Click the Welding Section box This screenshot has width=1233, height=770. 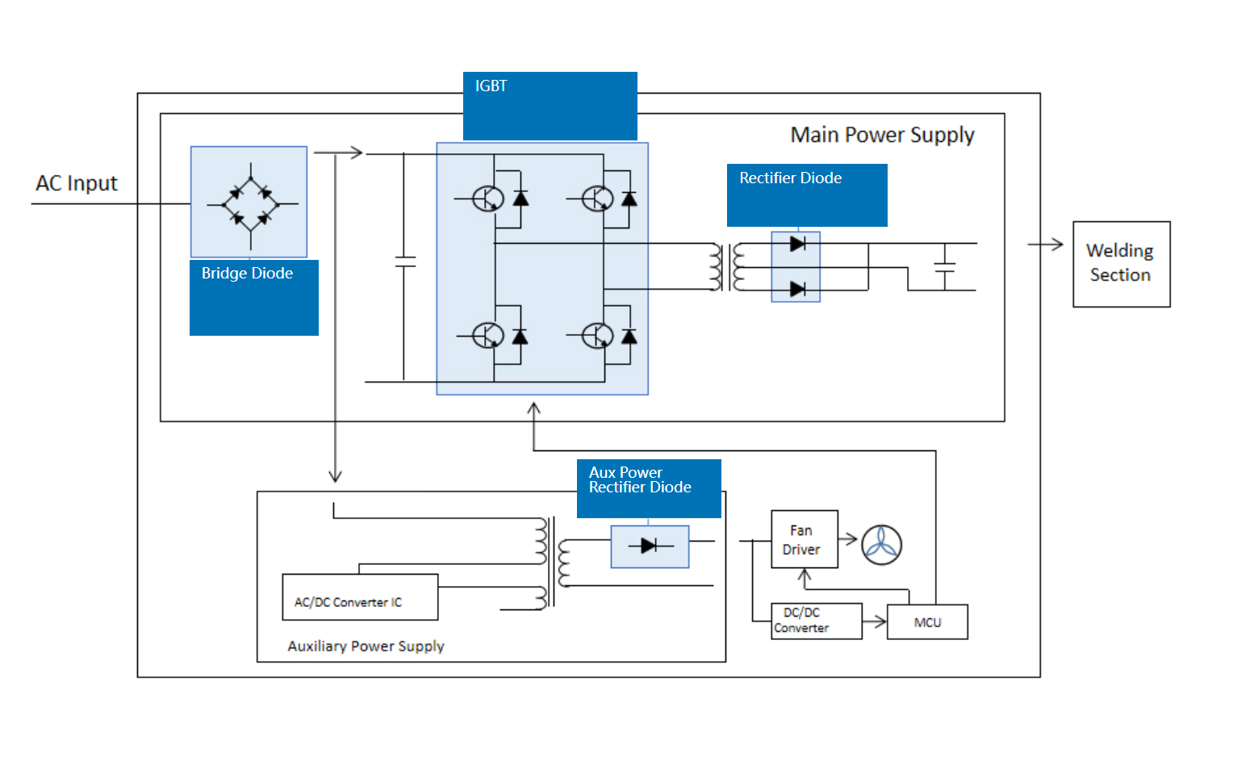[1121, 264]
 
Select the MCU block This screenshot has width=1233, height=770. [927, 622]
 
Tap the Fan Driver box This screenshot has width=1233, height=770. [804, 539]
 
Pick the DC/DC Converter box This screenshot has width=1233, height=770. [816, 621]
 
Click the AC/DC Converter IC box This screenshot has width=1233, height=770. [360, 597]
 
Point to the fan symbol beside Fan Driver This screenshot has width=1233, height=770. [881, 545]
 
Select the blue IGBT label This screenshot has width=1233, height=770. [550, 106]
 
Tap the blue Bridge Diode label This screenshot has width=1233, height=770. [253, 297]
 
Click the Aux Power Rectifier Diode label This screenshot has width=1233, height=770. [649, 488]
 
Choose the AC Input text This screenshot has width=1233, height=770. [77, 183]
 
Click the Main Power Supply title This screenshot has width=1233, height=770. [882, 135]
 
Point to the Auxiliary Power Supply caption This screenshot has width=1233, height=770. [366, 647]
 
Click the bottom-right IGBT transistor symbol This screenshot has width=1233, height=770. [598, 335]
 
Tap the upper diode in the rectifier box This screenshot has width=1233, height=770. [797, 244]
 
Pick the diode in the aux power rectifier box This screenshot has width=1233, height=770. [649, 546]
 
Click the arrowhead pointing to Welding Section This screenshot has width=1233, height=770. [1057, 244]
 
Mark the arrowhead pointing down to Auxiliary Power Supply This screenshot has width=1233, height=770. [335, 477]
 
